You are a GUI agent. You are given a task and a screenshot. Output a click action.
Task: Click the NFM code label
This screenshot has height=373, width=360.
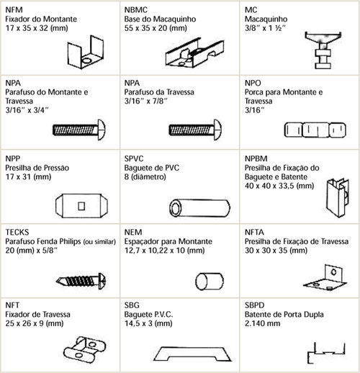(x=14, y=10)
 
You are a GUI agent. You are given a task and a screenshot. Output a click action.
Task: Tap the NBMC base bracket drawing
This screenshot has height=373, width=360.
(x=195, y=53)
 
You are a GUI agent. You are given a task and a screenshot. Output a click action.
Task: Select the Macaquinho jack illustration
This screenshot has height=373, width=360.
(x=323, y=50)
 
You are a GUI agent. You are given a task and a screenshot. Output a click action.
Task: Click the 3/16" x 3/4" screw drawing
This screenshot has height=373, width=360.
(x=79, y=130)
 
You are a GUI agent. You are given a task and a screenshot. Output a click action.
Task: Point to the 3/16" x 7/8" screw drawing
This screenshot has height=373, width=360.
(x=195, y=130)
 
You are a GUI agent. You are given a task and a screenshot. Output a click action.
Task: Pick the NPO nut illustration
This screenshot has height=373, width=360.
(x=315, y=130)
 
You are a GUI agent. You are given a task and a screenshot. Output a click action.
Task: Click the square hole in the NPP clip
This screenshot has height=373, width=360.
(x=81, y=206)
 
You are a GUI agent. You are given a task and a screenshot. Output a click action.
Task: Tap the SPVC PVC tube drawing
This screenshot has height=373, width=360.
(x=199, y=208)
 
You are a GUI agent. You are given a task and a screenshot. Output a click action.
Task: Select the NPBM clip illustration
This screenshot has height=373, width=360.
(x=337, y=198)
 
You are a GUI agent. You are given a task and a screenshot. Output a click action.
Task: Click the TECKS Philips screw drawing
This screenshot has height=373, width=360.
(x=81, y=281)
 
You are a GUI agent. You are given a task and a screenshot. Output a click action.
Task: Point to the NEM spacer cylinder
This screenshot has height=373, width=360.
(x=210, y=281)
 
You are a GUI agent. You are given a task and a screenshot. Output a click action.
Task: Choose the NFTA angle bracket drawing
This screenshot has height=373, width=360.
(x=325, y=278)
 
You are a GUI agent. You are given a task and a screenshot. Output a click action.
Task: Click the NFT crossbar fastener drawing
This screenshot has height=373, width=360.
(x=84, y=349)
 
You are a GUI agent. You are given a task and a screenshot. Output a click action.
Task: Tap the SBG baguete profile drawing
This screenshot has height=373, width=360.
(x=192, y=354)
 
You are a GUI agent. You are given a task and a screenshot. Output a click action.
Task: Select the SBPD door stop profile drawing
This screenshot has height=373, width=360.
(x=326, y=353)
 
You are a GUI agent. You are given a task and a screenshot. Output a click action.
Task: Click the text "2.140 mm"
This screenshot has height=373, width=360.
(x=262, y=323)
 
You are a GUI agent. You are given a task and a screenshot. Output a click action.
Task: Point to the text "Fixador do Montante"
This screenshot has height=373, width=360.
(x=41, y=19)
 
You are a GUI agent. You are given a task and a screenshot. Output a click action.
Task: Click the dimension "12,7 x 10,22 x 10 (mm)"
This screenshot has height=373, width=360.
(x=164, y=251)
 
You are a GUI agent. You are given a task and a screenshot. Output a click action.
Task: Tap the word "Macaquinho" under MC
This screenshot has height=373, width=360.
(x=266, y=19)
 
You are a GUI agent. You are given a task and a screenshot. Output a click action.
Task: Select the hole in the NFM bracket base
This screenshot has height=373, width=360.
(x=86, y=60)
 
